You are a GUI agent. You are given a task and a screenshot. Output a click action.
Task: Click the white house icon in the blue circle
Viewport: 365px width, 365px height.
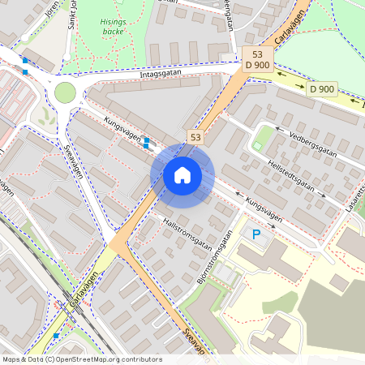coord(182,174)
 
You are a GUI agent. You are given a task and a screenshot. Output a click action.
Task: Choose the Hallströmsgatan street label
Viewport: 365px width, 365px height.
coord(187,230)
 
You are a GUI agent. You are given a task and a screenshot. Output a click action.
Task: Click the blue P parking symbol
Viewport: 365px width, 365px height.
coord(256,235)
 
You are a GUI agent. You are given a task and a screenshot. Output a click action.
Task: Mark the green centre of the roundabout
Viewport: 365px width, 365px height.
coord(65,92)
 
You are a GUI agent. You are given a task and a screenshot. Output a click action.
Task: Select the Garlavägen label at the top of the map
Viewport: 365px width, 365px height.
coord(290,28)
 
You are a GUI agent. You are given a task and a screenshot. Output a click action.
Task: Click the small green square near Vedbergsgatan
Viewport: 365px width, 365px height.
coord(259,146)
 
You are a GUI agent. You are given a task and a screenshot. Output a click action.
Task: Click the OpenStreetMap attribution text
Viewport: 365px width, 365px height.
coord(81,359)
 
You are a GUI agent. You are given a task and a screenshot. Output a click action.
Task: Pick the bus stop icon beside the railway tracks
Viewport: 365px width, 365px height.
coord(56,335)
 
